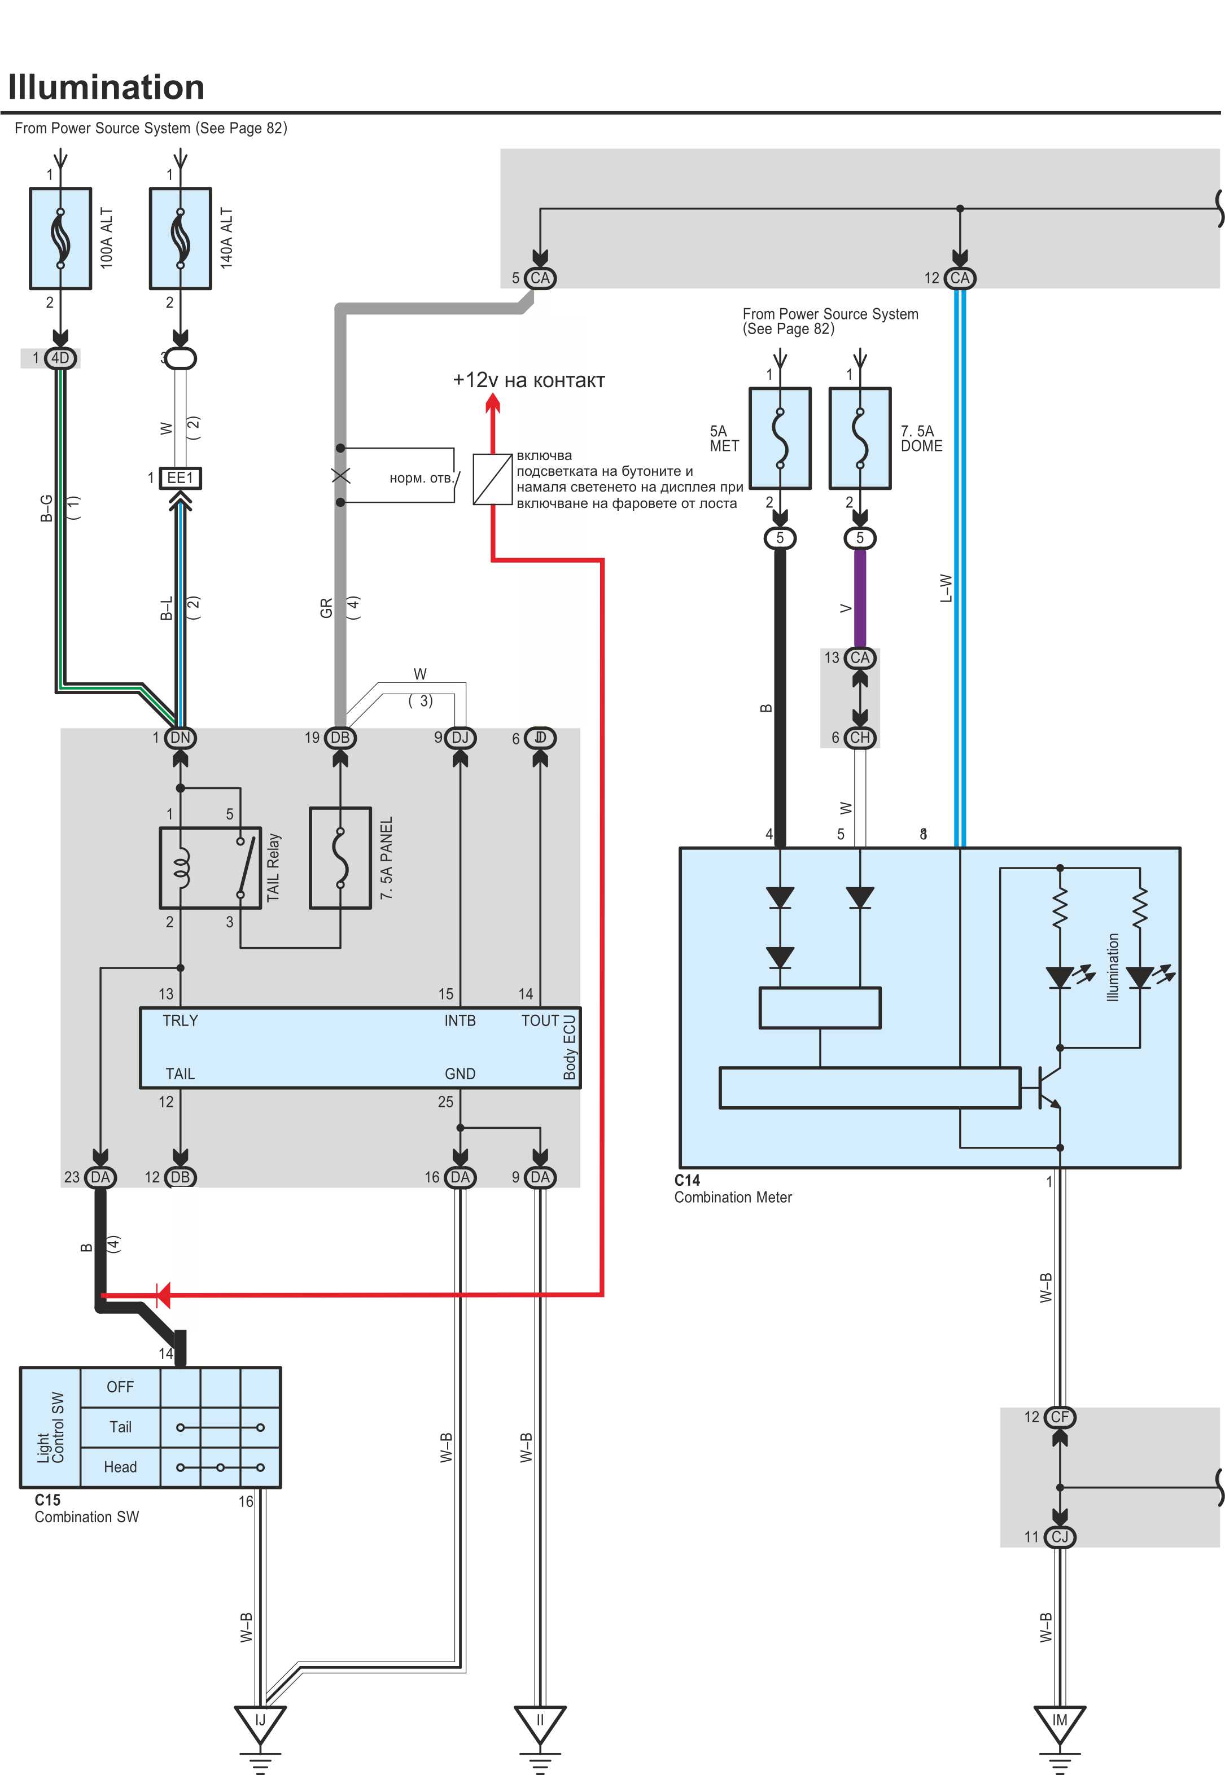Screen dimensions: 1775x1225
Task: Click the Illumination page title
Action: click(106, 87)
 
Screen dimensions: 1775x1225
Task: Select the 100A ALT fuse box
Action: click(60, 238)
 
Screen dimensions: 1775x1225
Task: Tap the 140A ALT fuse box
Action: click(181, 238)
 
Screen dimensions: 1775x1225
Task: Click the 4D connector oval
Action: click(60, 358)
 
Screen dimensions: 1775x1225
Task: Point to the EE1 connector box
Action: click(181, 478)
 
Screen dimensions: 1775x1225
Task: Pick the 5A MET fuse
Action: click(780, 438)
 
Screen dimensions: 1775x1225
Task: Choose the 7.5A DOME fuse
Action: click(860, 438)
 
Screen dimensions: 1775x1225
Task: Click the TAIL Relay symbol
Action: click(211, 868)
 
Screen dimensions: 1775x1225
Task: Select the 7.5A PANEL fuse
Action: click(340, 857)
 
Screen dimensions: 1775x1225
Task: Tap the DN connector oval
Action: click(181, 738)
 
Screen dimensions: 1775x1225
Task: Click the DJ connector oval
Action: click(460, 738)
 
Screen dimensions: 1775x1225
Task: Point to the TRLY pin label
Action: click(181, 1020)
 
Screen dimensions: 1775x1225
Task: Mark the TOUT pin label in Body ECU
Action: click(540, 1020)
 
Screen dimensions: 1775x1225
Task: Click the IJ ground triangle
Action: click(260, 1721)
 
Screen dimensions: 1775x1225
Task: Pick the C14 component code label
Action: click(687, 1180)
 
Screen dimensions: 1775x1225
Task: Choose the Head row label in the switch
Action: click(120, 1467)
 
